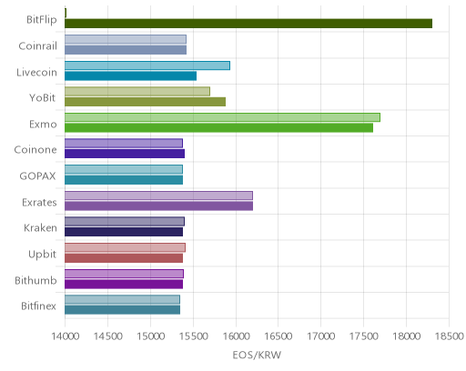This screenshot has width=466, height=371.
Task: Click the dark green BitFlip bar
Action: coord(248,24)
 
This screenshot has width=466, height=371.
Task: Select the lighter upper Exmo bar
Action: coord(222,117)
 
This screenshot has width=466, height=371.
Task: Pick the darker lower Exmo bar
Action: coord(218,128)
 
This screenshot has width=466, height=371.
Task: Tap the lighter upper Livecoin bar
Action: coord(147,65)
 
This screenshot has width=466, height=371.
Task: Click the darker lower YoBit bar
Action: coord(145,102)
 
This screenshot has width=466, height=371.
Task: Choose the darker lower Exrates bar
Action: coord(158,206)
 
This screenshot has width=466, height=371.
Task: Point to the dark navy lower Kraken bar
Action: coord(124,232)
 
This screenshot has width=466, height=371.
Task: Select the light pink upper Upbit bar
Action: coord(125,247)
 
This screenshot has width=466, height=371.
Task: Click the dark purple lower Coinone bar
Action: coord(125,154)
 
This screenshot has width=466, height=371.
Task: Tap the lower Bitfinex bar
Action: coord(122,310)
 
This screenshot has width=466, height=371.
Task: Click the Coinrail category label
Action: coord(38,46)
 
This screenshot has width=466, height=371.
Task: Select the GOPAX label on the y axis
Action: coord(38,176)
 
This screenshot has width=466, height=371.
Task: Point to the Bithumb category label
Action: coord(35,280)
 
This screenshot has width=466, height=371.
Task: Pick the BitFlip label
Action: coord(42,20)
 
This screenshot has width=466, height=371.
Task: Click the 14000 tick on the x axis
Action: coord(66,336)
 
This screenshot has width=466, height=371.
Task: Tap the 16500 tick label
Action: coord(279,336)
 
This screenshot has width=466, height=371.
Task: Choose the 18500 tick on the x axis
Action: coord(449,336)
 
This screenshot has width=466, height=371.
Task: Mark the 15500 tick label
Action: coord(193,336)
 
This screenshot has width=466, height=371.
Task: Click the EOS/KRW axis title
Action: coord(257,355)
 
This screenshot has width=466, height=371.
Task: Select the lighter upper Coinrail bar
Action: coord(126,39)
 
